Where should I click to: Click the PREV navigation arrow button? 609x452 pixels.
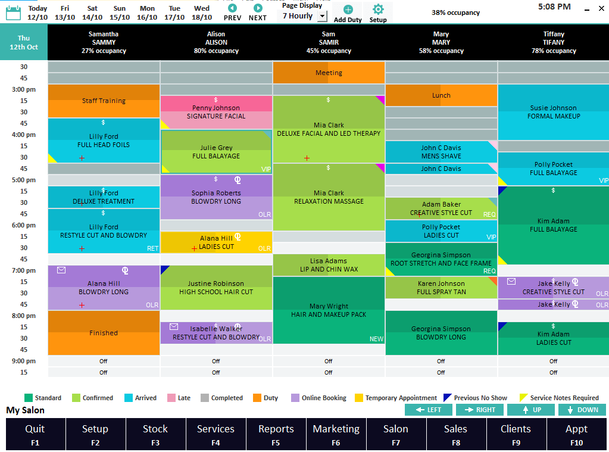point(232,8)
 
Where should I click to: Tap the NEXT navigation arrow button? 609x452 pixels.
point(258,8)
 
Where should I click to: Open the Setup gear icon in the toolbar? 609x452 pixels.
point(378,10)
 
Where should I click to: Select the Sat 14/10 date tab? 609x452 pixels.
point(92,13)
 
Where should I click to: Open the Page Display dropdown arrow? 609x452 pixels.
point(322,16)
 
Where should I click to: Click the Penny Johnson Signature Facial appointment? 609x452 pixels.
point(216,113)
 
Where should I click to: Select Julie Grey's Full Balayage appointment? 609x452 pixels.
point(216,152)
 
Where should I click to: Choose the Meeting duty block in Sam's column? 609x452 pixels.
point(329,73)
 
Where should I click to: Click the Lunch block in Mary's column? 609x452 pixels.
point(441,95)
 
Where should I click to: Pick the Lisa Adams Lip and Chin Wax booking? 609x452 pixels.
point(329,265)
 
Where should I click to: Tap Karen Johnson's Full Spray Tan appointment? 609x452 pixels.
point(441,288)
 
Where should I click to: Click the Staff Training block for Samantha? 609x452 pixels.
point(104,101)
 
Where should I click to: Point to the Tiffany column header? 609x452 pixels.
point(554,42)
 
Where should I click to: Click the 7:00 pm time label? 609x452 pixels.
point(24,270)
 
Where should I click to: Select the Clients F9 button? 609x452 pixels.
point(516,434)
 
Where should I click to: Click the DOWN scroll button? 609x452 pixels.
point(582,410)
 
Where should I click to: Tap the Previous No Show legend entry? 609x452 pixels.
point(475,398)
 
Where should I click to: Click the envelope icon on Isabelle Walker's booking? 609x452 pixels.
point(174,326)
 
